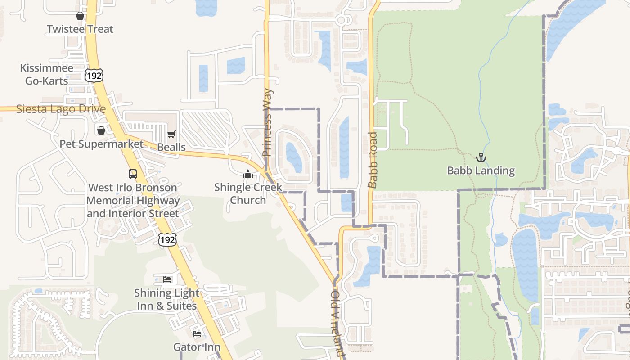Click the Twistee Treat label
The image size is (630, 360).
click(80, 29)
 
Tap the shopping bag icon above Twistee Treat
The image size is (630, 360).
click(80, 16)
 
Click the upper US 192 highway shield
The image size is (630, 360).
click(94, 75)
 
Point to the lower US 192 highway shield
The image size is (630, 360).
click(167, 239)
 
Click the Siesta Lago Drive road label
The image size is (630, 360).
click(61, 109)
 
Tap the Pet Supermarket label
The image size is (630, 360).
click(101, 144)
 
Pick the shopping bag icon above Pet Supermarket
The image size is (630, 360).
click(101, 130)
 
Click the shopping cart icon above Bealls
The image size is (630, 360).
click(171, 134)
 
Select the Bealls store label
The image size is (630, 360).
click(171, 147)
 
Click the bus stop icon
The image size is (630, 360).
click(133, 174)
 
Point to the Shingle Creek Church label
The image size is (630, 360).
click(248, 193)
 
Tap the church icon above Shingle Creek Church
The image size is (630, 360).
click(248, 174)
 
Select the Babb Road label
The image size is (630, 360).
click(373, 160)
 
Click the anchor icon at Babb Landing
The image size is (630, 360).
click(481, 157)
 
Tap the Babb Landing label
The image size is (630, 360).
click(481, 171)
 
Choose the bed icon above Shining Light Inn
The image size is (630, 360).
click(167, 279)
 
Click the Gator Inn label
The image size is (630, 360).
click(197, 347)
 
